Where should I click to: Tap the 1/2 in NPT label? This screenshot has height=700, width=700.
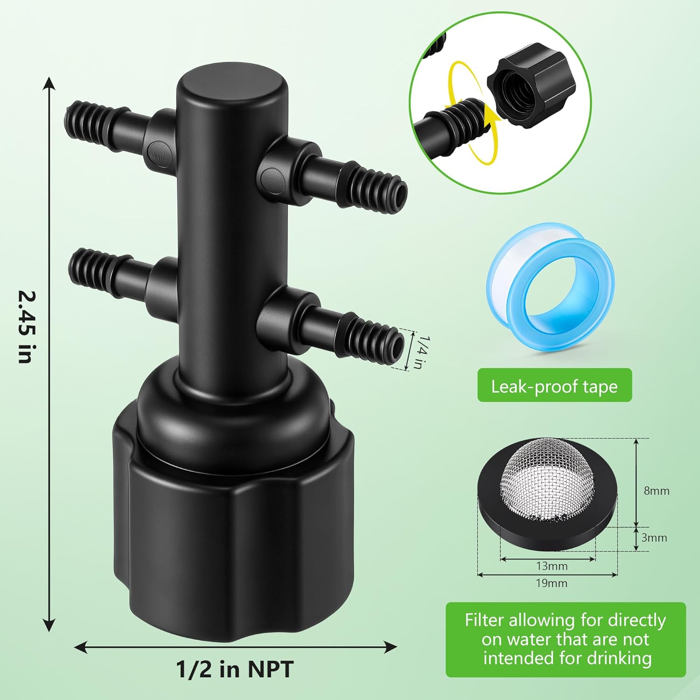tap(235, 669)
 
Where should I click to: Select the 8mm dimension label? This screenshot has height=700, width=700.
tap(657, 491)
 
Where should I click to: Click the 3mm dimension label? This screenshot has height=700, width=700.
tap(654, 538)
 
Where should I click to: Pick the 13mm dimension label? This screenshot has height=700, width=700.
tap(552, 566)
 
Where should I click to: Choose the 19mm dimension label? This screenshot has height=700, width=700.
tap(552, 583)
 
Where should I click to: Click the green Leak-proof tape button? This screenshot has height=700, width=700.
tap(554, 385)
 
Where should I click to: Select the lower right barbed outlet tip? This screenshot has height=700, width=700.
tap(394, 346)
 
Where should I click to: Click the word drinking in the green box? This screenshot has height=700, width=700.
tap(619, 658)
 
